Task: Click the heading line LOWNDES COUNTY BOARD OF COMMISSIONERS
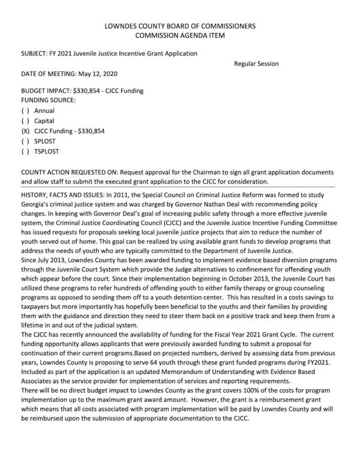click(x=180, y=26)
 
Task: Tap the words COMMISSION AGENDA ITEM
click(x=180, y=36)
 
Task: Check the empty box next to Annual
click(x=25, y=110)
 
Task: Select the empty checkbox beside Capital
click(x=25, y=121)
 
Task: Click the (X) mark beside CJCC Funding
click(x=25, y=131)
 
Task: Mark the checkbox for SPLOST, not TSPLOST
click(x=25, y=141)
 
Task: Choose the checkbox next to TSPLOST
click(x=25, y=151)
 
